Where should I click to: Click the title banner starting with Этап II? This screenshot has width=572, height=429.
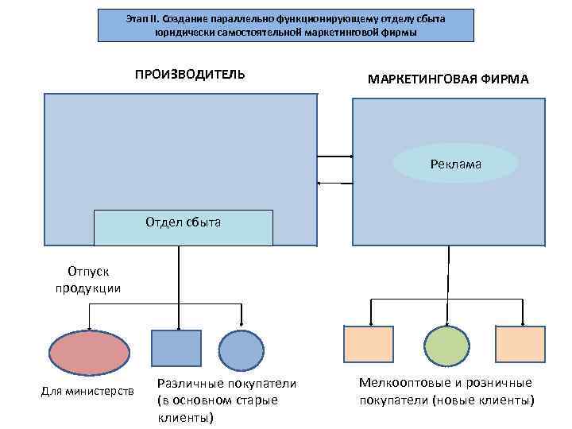point(285,25)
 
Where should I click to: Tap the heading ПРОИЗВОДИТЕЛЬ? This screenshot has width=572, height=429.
point(190,75)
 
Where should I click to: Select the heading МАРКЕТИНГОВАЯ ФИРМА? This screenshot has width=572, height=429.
point(448,80)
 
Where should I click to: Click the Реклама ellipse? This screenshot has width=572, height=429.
point(456,164)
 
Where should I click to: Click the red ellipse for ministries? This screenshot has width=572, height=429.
point(89,351)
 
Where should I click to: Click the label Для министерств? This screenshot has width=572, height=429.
point(87,391)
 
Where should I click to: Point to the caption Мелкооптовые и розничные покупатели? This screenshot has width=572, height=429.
point(446,391)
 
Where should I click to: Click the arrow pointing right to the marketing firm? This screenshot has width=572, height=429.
point(334,157)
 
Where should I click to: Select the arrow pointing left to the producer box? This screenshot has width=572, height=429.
point(334,184)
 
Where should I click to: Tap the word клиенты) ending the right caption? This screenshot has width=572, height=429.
point(509,400)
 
